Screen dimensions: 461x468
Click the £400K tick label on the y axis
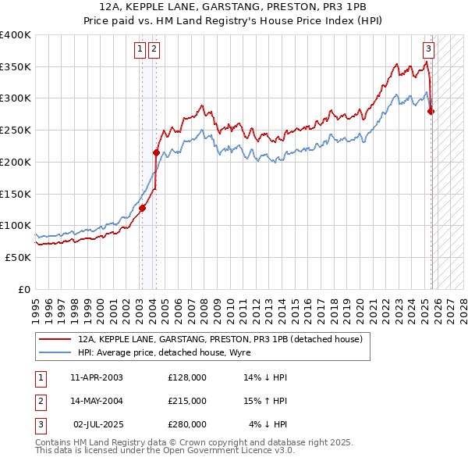click(16, 35)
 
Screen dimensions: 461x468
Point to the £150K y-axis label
click(16, 194)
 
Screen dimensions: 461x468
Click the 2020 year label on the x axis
click(360, 305)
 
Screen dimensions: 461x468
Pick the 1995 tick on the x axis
click(36, 305)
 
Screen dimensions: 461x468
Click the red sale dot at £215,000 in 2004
click(156, 152)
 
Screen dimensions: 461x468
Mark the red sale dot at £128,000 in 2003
click(142, 208)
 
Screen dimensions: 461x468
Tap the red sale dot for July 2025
click(431, 111)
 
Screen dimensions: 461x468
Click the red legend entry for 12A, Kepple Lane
click(220, 340)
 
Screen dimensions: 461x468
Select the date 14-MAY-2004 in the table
click(97, 401)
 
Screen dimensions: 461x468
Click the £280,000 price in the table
click(187, 424)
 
